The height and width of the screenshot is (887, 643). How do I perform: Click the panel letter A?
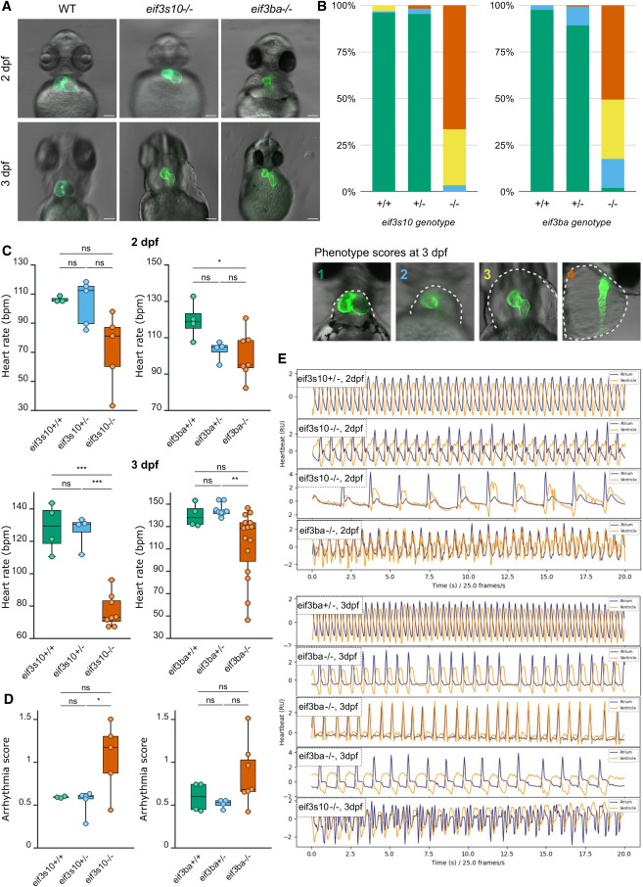click(8, 9)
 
